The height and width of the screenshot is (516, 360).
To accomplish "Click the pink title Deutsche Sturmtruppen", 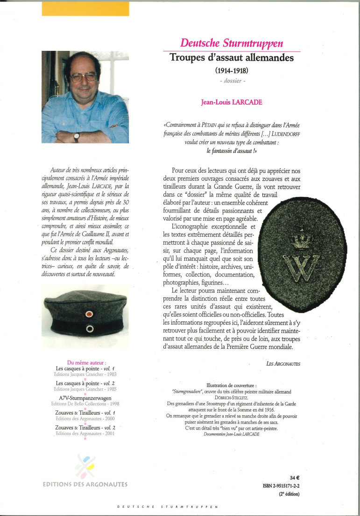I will (x=231, y=43).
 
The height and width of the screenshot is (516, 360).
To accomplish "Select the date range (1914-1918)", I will (x=232, y=71).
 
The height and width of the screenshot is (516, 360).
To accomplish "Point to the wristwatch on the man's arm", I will (x=77, y=137).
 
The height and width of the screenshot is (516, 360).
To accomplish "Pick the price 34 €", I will (x=294, y=478).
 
